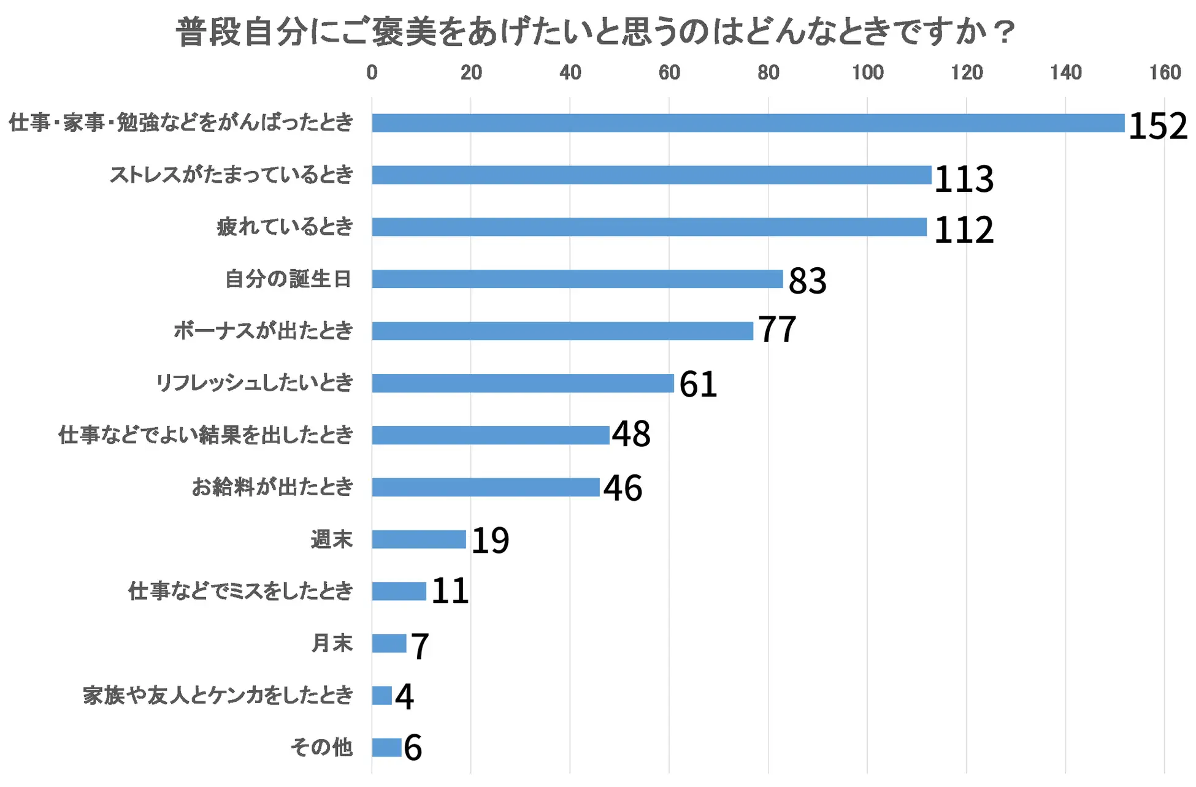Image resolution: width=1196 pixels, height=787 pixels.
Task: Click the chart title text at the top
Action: (595, 32)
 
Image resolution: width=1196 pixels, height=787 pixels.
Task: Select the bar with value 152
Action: (748, 123)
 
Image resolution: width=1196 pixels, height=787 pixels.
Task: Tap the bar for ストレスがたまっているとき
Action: (651, 175)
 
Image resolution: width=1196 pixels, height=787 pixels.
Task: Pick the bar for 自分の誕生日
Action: (577, 279)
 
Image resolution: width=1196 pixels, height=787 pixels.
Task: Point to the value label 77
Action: (777, 329)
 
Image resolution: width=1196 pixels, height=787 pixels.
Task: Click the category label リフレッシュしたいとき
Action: (255, 383)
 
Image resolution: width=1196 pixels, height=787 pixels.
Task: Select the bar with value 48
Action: (491, 435)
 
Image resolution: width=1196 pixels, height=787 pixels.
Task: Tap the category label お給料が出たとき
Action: (272, 487)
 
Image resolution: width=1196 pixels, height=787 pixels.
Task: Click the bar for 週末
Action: (419, 539)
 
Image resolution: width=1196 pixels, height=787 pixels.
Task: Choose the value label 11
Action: (450, 591)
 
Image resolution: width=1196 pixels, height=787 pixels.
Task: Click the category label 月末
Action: (332, 644)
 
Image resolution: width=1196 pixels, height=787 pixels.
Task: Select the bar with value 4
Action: (381, 696)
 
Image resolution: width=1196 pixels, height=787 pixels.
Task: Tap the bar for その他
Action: (386, 748)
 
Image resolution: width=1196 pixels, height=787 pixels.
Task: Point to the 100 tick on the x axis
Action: (867, 73)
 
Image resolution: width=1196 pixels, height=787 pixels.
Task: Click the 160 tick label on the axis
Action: (1164, 73)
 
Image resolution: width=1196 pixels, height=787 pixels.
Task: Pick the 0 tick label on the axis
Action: (372, 73)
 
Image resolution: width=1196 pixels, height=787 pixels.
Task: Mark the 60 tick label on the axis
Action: (669, 73)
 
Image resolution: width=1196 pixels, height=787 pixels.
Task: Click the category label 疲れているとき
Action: (285, 227)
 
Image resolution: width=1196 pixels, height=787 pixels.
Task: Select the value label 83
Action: (807, 281)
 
